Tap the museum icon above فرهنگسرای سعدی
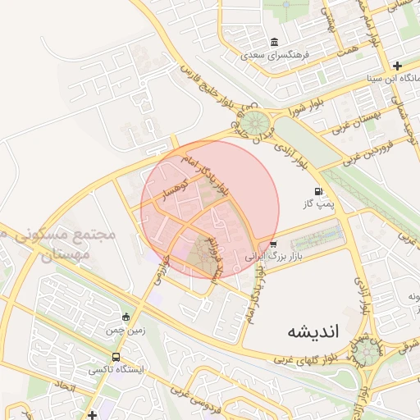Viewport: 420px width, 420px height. click(273, 43)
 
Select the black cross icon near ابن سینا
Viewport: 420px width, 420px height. click(397, 66)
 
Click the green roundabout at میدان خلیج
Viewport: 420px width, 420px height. click(253, 125)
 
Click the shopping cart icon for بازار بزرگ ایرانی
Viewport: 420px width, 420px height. click(273, 244)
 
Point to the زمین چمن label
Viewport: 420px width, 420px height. click(125, 331)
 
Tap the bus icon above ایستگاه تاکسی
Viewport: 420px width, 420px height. click(116, 357)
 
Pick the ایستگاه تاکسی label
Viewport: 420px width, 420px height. click(116, 370)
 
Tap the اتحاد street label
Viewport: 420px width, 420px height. click(65, 384)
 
